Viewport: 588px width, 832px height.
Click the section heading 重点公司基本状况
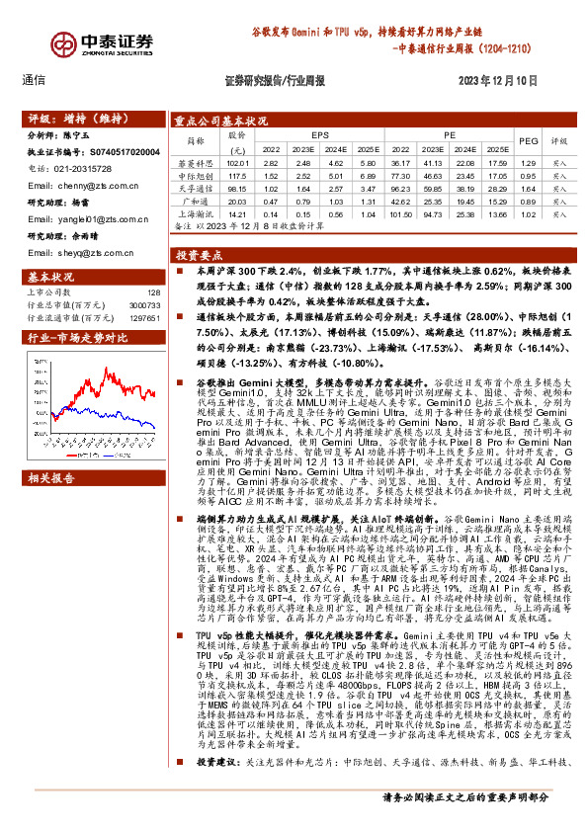click(x=220, y=121)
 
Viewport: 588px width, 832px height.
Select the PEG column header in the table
click(x=528, y=141)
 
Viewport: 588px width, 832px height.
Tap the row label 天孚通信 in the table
click(x=196, y=186)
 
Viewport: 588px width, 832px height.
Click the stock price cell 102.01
click(x=235, y=162)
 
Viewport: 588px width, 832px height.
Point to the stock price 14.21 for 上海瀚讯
click(x=235, y=212)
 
